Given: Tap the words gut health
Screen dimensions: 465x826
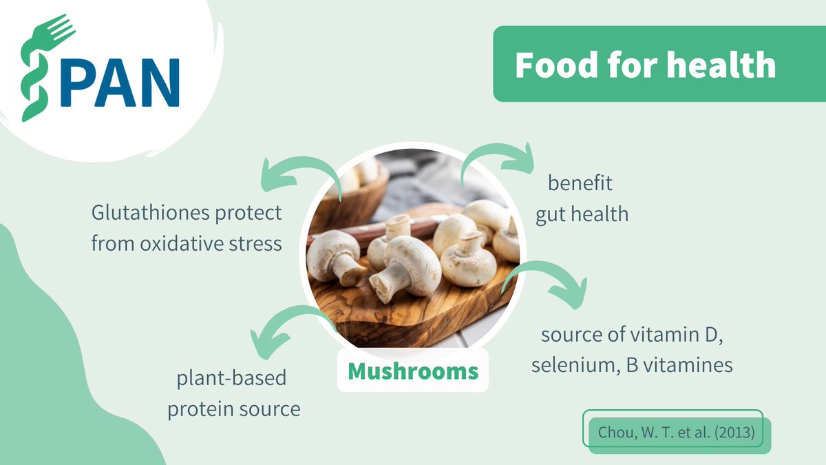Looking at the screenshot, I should (582, 214).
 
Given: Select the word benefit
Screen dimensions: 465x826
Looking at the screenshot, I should (580, 184).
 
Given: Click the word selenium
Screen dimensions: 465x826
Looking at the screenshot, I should (570, 365).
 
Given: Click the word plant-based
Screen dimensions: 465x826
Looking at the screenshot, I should (231, 379).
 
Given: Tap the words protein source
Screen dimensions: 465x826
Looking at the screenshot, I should (234, 409).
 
